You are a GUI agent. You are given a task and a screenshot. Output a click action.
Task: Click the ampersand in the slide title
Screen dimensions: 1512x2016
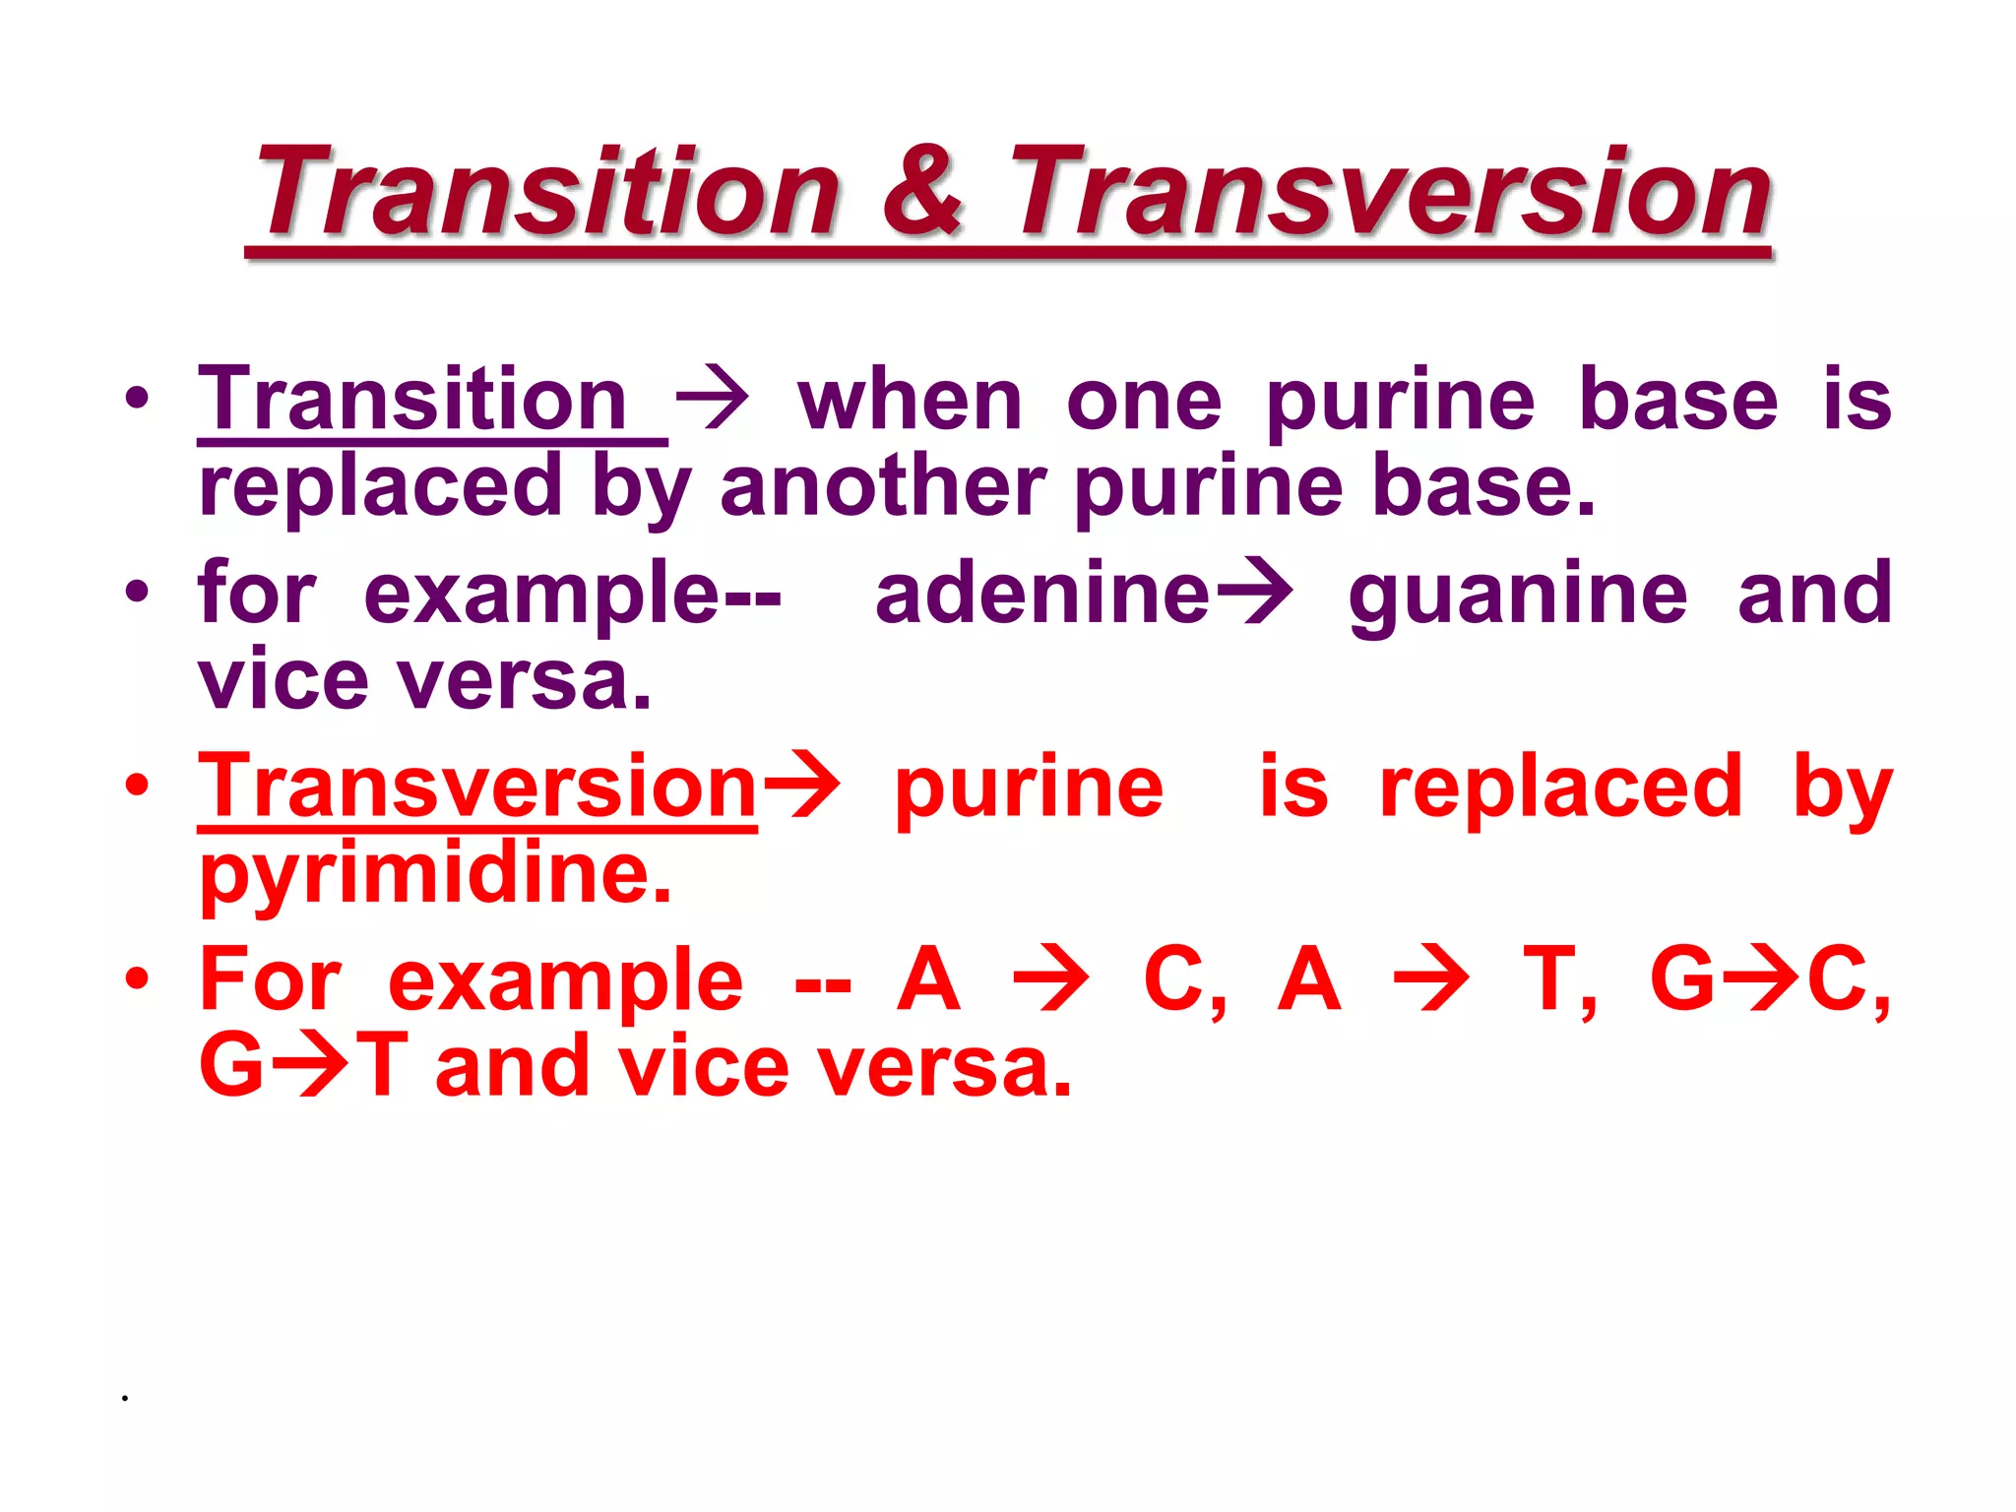[922, 190]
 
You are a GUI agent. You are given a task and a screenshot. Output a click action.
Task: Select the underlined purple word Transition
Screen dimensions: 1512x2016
[412, 400]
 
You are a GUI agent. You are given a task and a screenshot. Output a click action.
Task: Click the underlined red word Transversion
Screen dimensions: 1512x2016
[477, 787]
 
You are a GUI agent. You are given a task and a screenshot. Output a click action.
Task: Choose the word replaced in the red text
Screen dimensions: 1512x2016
[1561, 787]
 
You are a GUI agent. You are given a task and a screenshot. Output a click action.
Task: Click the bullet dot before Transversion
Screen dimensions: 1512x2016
[137, 786]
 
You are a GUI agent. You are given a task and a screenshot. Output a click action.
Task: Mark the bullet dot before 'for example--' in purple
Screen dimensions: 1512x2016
[137, 593]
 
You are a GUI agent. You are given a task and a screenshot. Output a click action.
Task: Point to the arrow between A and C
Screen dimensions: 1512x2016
[1051, 979]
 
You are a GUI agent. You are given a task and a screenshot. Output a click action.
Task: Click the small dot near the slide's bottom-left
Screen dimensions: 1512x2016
[125, 1397]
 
